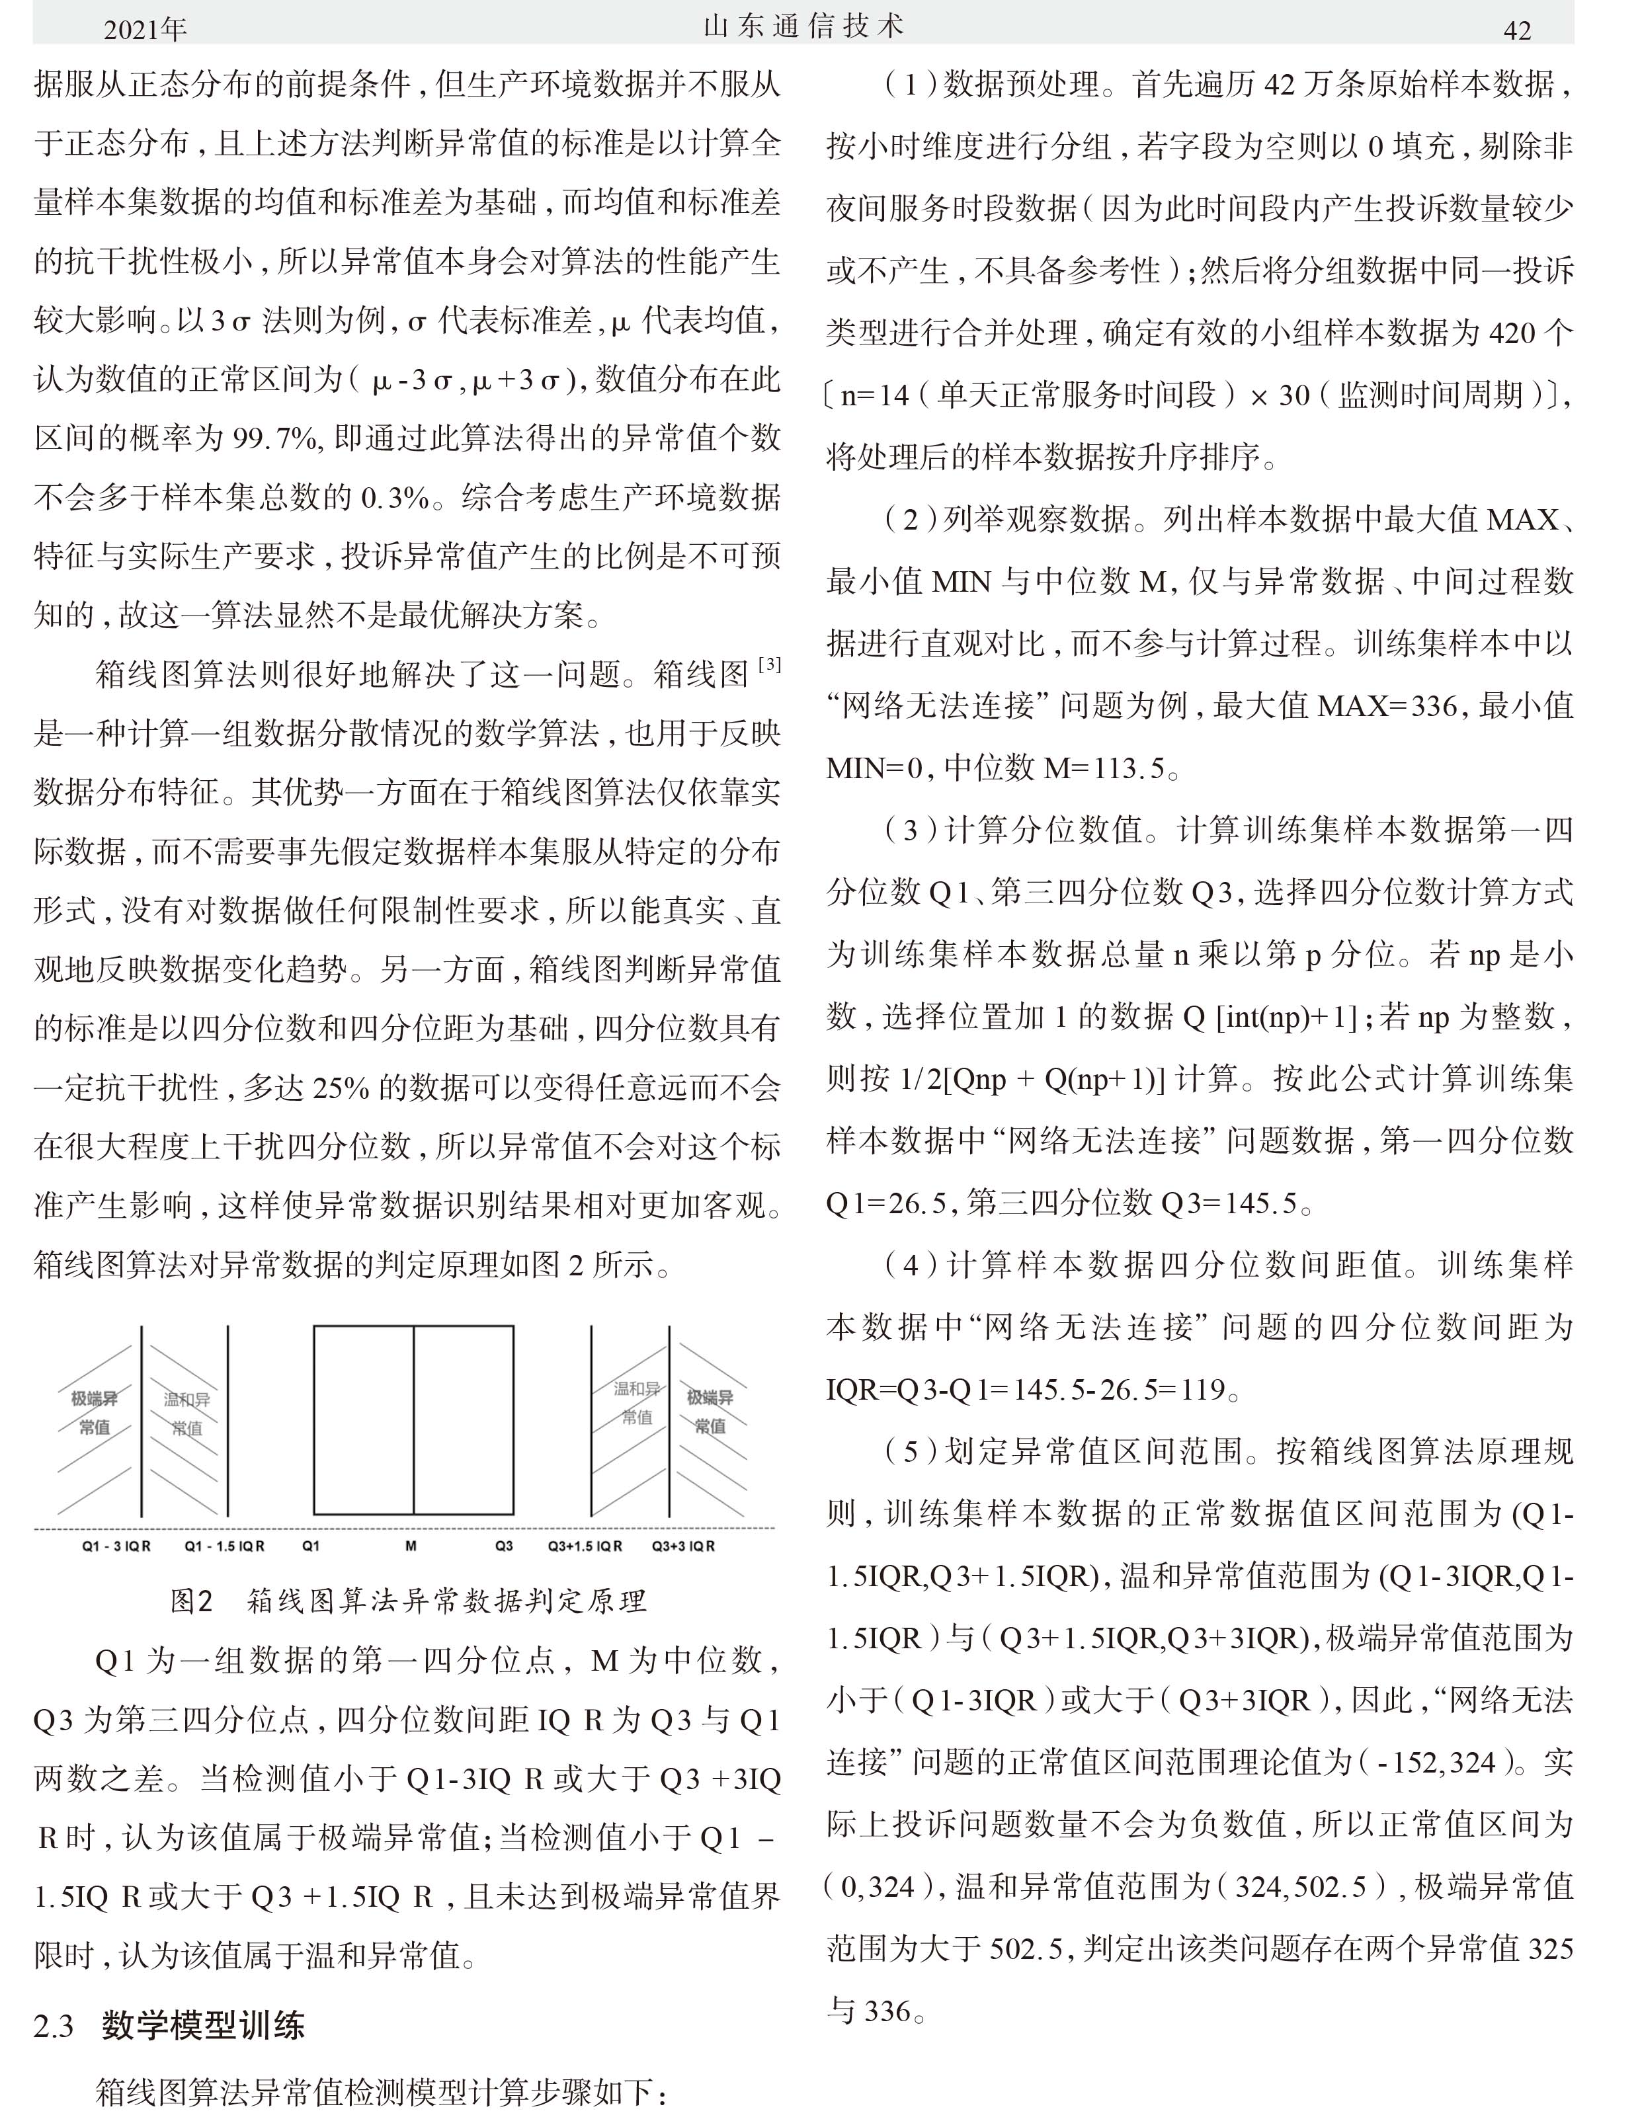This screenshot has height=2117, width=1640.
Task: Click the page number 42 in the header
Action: [1517, 30]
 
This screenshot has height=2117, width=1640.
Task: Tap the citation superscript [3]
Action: [770, 665]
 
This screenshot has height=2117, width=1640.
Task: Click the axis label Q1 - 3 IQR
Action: [116, 1546]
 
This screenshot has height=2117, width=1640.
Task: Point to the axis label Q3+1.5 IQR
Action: [585, 1546]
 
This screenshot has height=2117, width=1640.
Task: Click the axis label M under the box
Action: [410, 1546]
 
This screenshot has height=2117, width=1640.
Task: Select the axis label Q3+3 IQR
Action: [683, 1546]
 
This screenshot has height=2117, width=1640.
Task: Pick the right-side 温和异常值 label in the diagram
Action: [637, 1402]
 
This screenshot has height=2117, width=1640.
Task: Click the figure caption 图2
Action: [191, 1601]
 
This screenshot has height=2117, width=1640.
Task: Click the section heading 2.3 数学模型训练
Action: [170, 2026]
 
